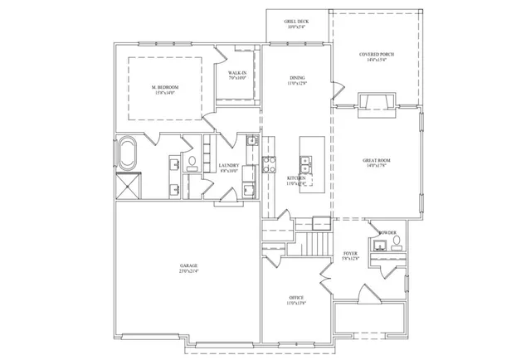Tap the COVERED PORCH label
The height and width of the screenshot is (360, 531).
tap(377, 54)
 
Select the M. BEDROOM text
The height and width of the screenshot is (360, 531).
tap(165, 87)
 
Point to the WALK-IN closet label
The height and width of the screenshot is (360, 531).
tap(239, 74)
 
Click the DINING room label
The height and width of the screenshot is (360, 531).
tap(297, 78)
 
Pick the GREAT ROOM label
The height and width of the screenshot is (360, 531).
tap(377, 160)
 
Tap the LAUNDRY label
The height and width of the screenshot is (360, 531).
tap(229, 165)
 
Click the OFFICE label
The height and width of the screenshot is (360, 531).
tap(296, 297)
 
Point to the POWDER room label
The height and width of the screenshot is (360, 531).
tap(387, 232)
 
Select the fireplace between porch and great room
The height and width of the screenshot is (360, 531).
tap(370, 102)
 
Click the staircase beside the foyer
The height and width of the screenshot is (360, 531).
tap(314, 245)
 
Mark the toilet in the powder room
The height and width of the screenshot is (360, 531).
tap(396, 241)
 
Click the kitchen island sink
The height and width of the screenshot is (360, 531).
tap(305, 159)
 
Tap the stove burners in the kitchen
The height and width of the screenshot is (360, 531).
tap(268, 164)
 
